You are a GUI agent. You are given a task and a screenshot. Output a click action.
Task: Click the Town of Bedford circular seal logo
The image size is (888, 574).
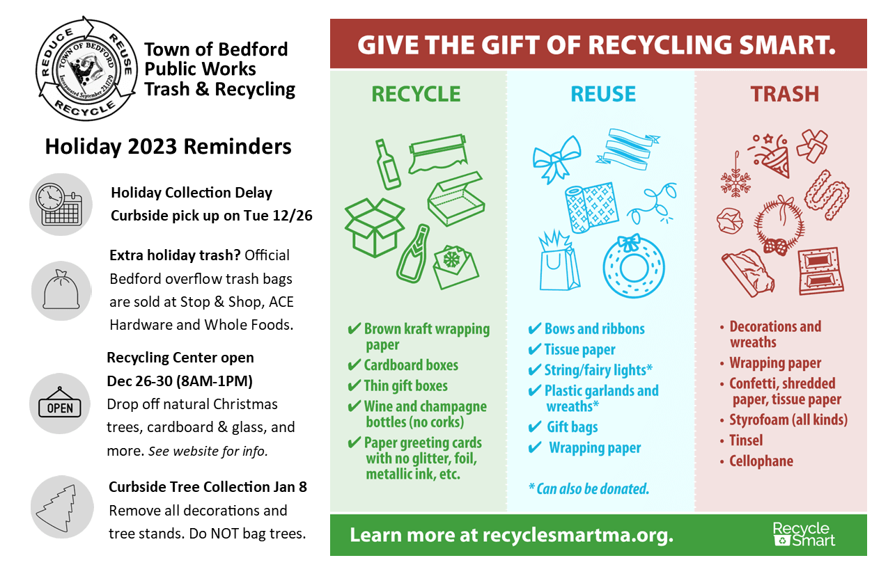[x=86, y=68]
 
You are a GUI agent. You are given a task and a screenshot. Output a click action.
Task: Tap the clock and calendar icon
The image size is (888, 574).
[x=61, y=205]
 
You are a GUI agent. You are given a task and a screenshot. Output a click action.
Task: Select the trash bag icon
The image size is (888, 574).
[x=61, y=290]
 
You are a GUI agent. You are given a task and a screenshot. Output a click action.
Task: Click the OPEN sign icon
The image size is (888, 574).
[x=60, y=404]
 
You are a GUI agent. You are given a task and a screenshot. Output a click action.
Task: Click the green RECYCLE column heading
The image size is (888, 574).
[x=416, y=95]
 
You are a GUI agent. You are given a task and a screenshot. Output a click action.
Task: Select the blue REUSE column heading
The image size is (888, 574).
[x=603, y=95]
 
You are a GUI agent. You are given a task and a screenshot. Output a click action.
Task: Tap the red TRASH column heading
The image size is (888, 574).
[x=784, y=95]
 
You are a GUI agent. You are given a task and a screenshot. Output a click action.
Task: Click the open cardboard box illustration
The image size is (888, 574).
[x=374, y=228]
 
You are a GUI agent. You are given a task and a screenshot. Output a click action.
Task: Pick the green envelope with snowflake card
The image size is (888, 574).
[x=456, y=267]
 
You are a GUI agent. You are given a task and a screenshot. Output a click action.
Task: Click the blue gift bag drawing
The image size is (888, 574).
[x=558, y=261]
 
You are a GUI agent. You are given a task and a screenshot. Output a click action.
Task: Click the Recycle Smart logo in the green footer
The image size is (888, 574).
[x=804, y=534]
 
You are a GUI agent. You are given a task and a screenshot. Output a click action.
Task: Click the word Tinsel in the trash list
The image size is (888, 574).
[x=746, y=440]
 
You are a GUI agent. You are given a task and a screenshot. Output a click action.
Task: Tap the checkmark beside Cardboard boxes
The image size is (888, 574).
[x=354, y=365]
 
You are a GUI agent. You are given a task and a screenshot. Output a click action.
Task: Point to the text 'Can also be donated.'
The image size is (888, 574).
[x=593, y=489]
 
